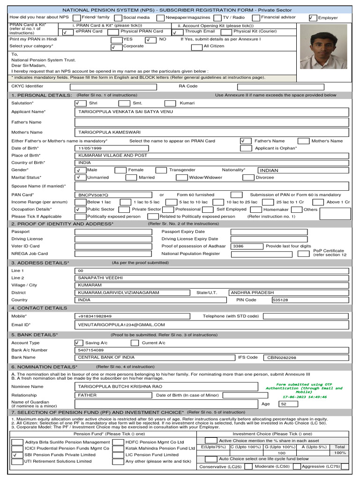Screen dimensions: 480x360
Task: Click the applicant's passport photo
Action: [x=323, y=47]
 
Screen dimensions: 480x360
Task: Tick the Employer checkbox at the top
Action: [x=313, y=18]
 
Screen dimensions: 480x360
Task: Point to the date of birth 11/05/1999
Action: [x=90, y=148]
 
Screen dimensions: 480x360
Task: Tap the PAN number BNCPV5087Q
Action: [x=93, y=195]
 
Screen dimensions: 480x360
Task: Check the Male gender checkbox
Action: [x=80, y=170]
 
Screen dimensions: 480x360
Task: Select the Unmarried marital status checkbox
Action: [x=80, y=178]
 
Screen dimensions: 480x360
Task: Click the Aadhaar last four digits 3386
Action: [x=239, y=246]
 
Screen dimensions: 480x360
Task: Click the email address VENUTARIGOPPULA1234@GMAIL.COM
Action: [x=121, y=324]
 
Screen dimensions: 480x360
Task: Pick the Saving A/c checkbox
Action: [x=78, y=343]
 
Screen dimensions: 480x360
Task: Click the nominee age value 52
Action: [x=283, y=404]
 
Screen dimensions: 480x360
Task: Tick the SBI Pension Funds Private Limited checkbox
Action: [x=17, y=455]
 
